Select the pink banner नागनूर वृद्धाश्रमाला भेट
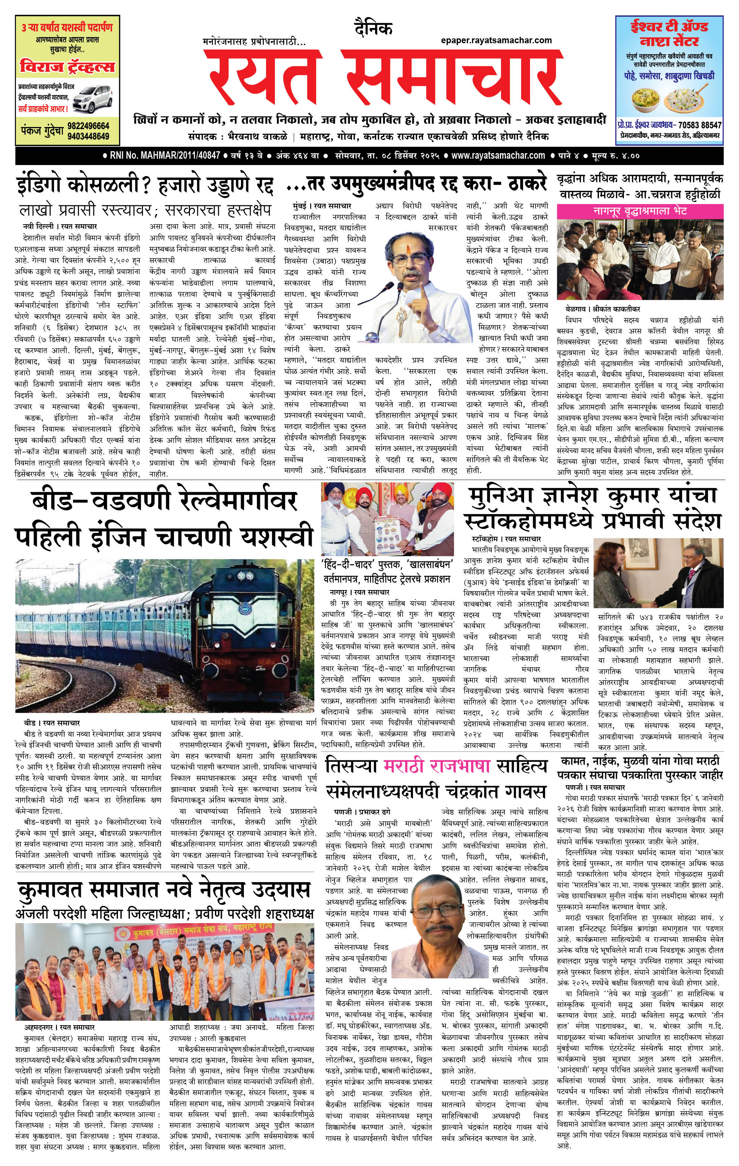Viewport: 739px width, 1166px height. pos(640,211)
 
